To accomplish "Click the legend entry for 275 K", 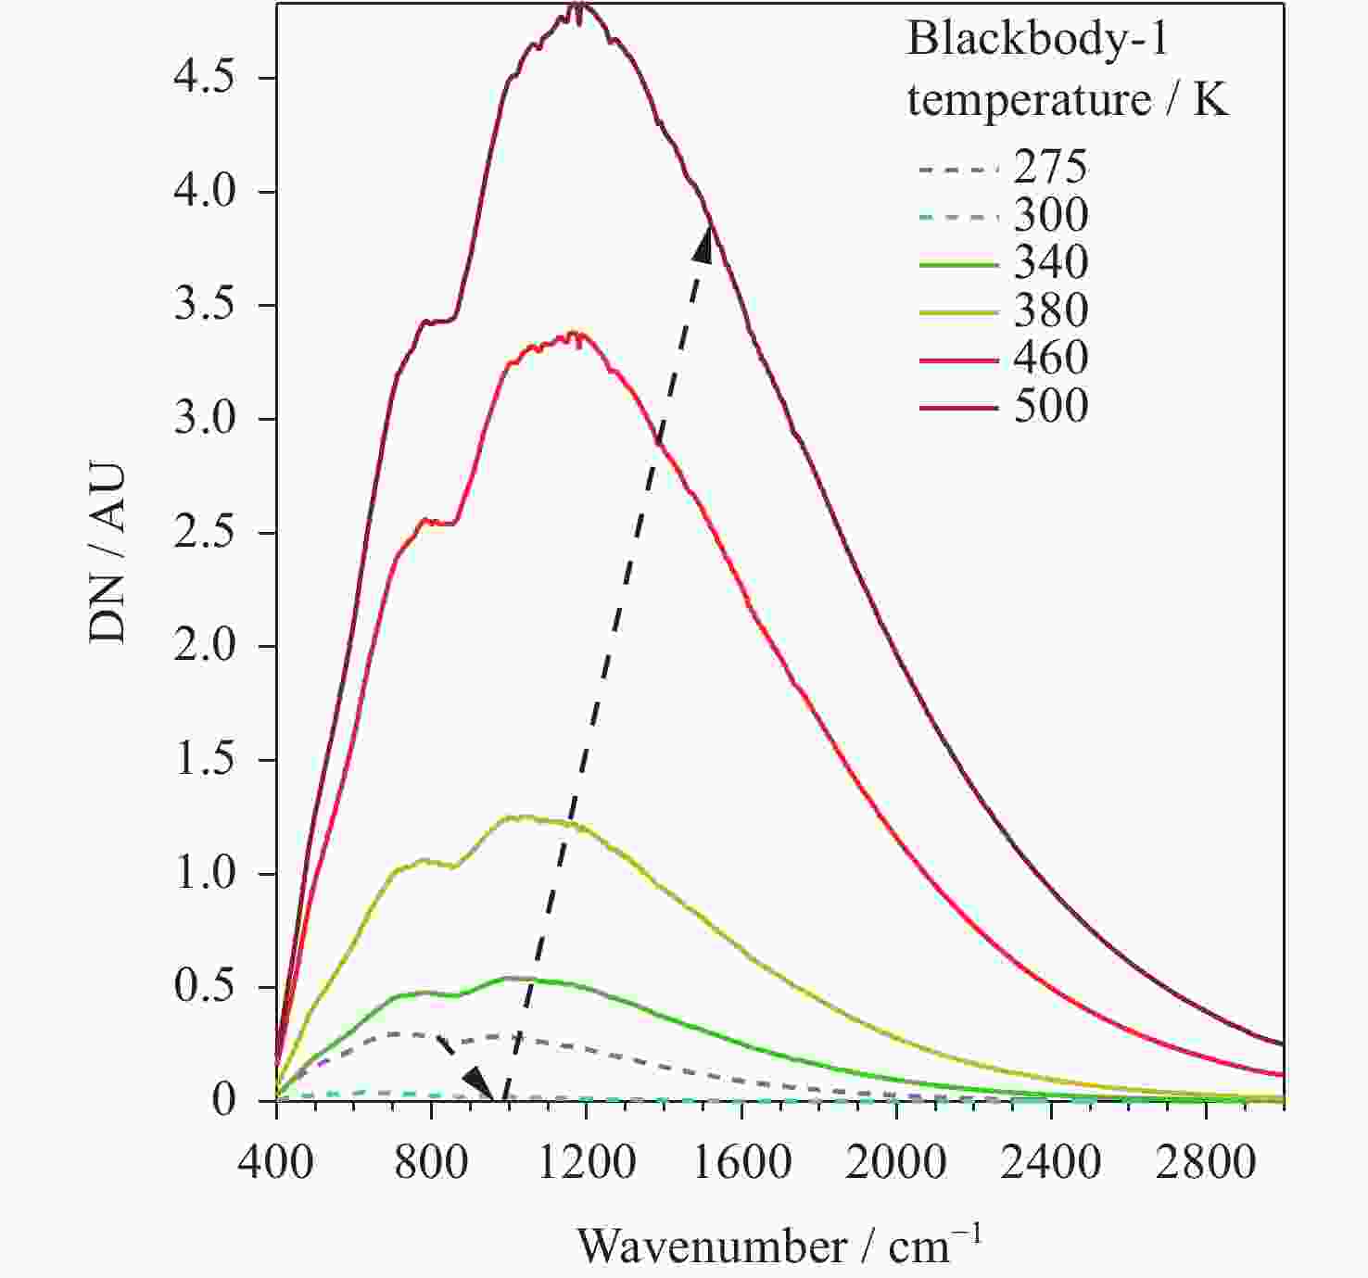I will [1050, 168].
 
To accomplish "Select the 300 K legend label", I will [1050, 215].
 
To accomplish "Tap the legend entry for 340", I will [1050, 262].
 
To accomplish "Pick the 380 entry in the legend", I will [1050, 310].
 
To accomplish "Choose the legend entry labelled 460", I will [1050, 358].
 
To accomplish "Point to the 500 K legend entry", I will [1050, 406].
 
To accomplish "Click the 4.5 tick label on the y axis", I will [204, 78].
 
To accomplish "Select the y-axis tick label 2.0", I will [204, 646].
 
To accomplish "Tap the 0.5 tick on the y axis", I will [204, 987].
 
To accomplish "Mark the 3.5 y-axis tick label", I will [204, 305].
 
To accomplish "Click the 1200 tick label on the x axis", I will [586, 1161].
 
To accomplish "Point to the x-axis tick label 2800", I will [1205, 1161].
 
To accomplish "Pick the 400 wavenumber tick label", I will [276, 1161].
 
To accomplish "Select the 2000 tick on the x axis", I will [895, 1161].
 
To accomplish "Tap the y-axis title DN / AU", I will [108, 551].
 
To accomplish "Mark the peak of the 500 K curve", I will [579, 7].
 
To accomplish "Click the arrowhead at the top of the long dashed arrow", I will [705, 244].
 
